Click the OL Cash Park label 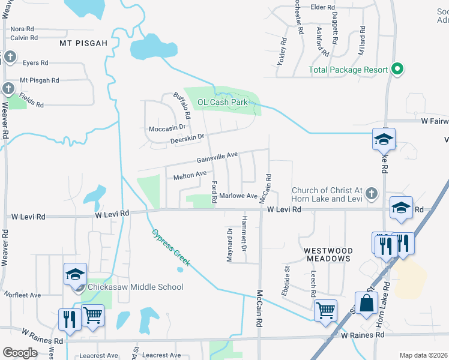223,102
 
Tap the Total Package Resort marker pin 396,70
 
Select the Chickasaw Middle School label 136,287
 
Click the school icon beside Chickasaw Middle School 75,275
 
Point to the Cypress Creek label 170,247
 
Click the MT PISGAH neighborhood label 83,44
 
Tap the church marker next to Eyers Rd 9,58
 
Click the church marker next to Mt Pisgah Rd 8,89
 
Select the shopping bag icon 366,304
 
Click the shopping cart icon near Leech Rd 325,311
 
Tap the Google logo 20,353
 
